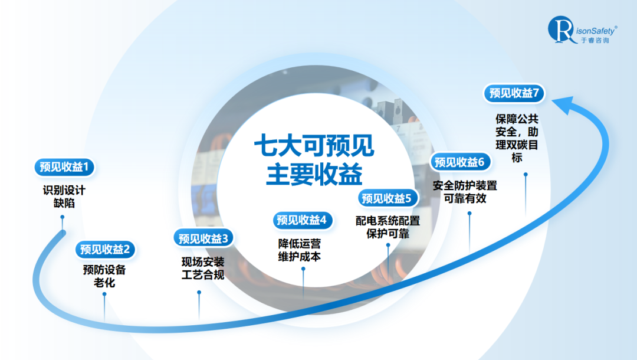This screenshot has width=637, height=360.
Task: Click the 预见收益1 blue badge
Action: pos(64,167)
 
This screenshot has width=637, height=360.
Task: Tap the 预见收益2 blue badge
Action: pos(105,249)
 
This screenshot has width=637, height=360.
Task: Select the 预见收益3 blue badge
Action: pos(203,238)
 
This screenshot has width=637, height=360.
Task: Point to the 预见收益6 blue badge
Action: pos(459,162)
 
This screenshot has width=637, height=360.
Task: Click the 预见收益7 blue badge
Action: pos(514,93)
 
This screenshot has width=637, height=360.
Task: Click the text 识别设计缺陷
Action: pos(64,197)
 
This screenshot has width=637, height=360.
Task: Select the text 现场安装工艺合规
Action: pos(203,268)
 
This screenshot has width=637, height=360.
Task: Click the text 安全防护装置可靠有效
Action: pos(465,192)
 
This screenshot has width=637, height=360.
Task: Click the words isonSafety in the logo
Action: pos(593,30)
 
